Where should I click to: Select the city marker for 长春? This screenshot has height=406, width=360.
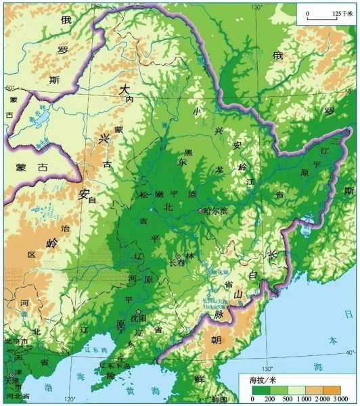click(178, 256)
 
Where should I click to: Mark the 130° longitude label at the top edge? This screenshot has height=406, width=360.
click(256, 7)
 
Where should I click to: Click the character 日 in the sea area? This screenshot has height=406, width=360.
click(348, 314)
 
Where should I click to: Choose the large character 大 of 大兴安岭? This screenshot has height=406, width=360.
click(123, 89)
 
